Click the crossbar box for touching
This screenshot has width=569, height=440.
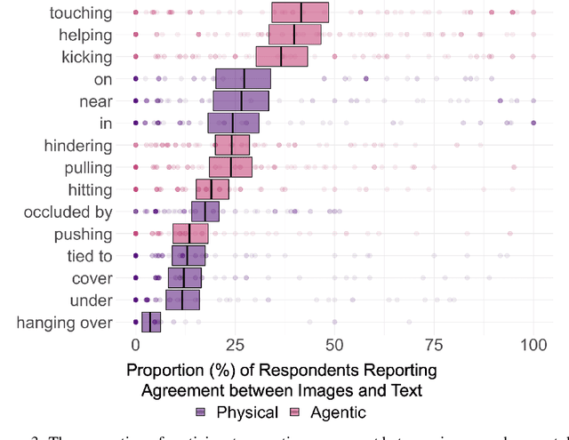click(300, 12)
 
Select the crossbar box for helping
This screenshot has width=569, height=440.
click(295, 35)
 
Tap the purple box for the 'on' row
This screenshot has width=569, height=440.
click(243, 78)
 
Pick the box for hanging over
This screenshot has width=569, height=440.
click(151, 323)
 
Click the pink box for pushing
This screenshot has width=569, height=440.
click(190, 234)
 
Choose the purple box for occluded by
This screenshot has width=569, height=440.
click(205, 212)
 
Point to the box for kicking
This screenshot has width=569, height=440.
click(282, 57)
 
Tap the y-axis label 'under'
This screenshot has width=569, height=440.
click(92, 301)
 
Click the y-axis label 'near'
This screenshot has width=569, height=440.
click(95, 101)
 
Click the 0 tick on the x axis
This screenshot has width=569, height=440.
click(135, 345)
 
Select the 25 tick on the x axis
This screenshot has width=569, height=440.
click(235, 345)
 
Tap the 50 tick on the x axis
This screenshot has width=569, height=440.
click(334, 345)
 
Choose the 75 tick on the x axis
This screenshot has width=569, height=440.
click(434, 345)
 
